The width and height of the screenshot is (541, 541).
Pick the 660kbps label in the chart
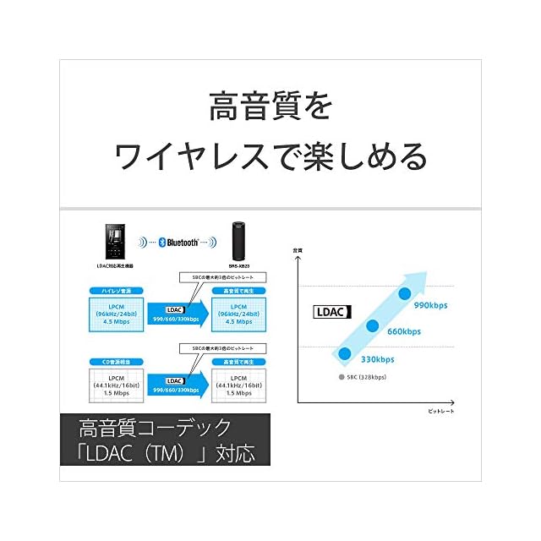[404, 331]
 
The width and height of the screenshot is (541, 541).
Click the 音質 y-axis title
[297, 249]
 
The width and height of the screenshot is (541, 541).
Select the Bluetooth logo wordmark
[181, 242]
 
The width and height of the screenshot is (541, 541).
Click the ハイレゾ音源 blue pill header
[116, 292]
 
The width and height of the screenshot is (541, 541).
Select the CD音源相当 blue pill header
[116, 362]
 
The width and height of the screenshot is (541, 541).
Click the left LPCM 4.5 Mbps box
[116, 313]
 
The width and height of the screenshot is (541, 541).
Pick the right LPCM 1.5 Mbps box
[237, 385]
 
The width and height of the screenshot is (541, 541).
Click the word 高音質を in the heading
[270, 107]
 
